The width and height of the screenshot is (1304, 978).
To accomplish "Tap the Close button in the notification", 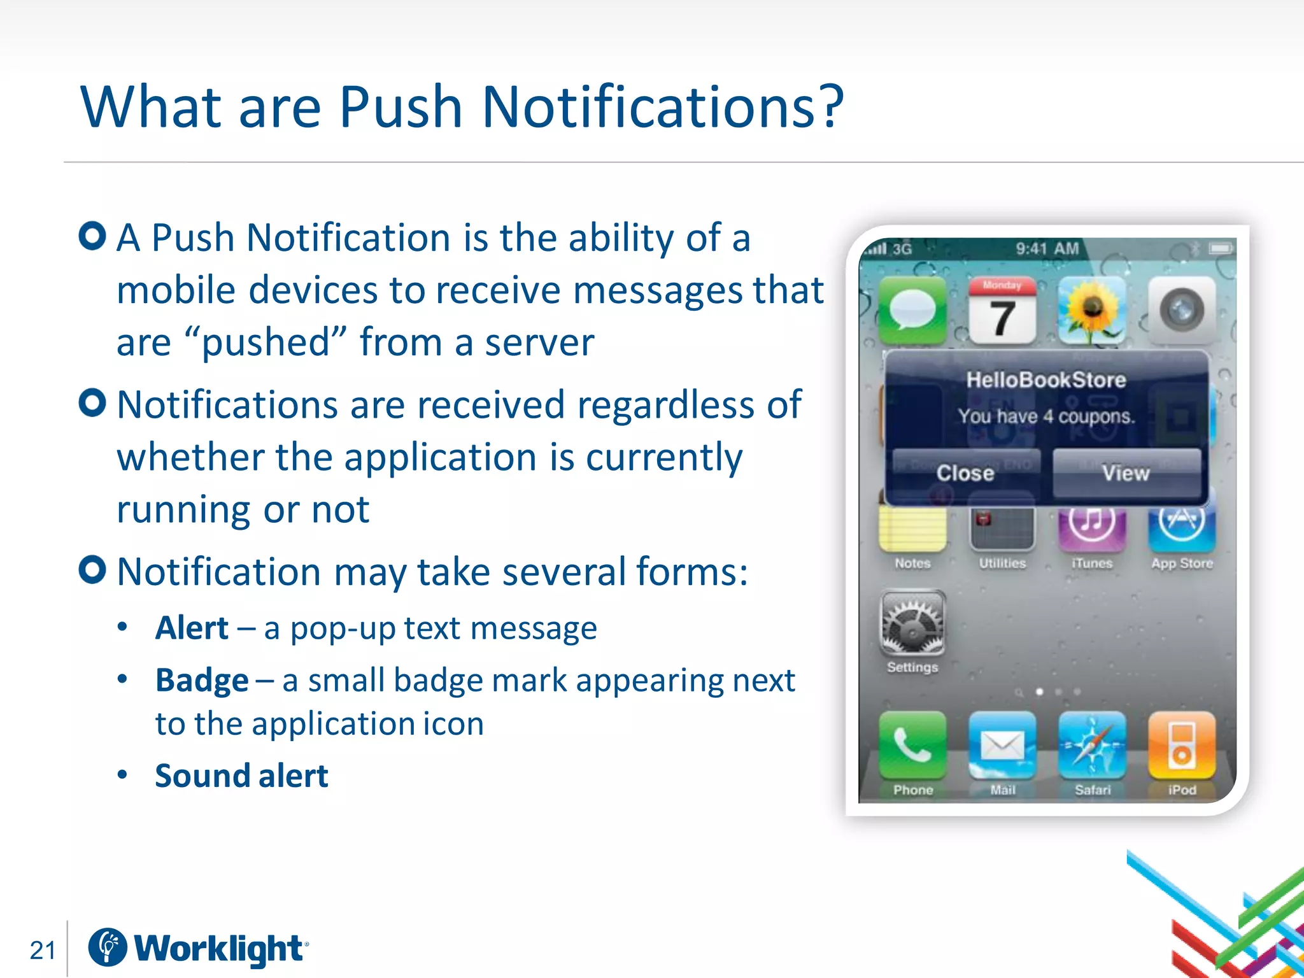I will coord(965,472).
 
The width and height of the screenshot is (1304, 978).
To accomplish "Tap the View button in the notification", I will coord(1126,472).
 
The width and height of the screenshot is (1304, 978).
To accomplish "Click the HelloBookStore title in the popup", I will coord(1046,380).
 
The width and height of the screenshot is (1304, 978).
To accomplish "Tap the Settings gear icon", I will coord(912,623).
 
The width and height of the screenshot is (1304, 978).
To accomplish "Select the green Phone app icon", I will coord(912,746).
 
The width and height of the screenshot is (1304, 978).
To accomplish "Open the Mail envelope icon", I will coord(1002,746).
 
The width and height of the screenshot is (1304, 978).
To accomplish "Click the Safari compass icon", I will coord(1092,746).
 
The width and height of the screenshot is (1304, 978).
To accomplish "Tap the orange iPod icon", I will coord(1182,746).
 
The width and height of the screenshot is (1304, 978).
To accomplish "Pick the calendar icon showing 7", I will coord(1002,311).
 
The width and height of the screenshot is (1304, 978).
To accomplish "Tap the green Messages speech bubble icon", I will coord(912,311).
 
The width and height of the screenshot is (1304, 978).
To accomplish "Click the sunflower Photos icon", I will coord(1092,311).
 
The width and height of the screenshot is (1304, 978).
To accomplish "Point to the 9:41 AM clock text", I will coord(1047,248).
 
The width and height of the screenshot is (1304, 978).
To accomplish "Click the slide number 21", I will coord(43,950).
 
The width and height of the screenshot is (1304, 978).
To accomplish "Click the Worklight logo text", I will coord(218,949).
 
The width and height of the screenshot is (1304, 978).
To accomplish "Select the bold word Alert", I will coord(192,628).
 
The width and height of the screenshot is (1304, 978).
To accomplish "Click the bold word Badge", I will coord(202,681).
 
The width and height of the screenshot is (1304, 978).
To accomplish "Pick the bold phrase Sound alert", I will coord(241,776).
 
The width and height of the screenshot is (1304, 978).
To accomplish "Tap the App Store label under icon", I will coord(1182,563).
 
